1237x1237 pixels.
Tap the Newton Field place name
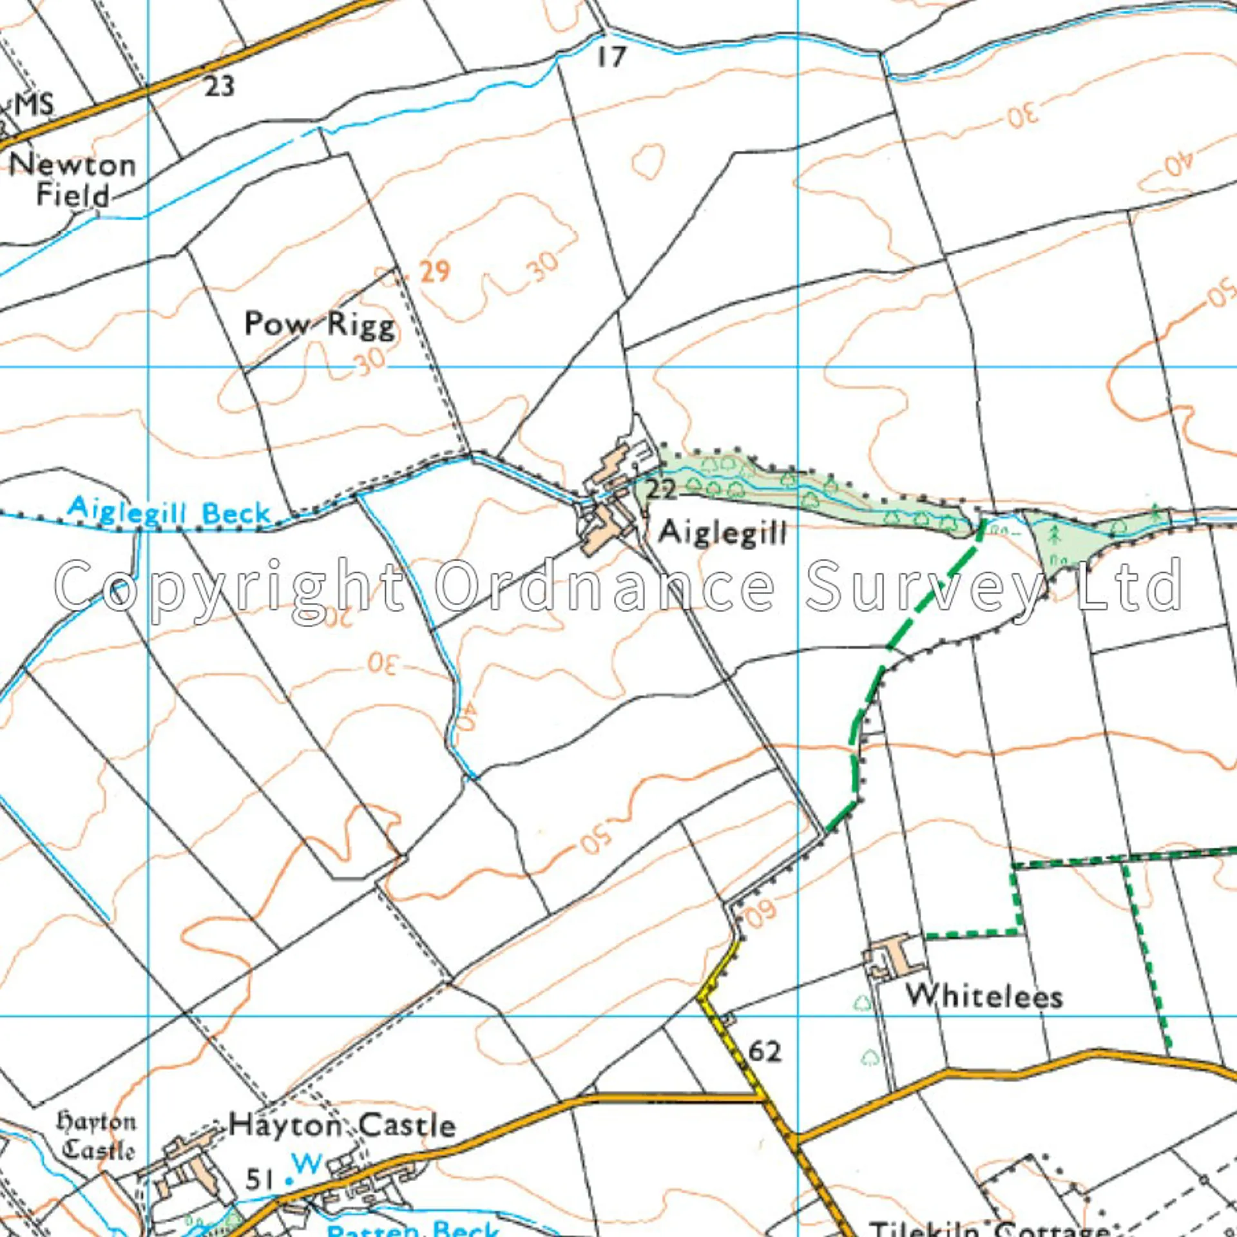(72, 180)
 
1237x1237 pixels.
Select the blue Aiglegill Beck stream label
(169, 512)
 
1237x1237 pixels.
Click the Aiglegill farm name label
(722, 533)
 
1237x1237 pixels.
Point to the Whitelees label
(984, 996)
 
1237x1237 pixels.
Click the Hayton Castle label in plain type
(342, 1126)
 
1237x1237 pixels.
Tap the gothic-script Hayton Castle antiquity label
(97, 1136)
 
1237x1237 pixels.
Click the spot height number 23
(219, 86)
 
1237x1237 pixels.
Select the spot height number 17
(610, 57)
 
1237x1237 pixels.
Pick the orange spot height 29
(434, 271)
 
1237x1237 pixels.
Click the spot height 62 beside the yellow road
(765, 1052)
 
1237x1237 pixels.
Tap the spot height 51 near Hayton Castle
(260, 1180)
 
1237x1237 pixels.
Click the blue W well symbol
(306, 1164)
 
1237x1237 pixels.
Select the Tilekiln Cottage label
(989, 1228)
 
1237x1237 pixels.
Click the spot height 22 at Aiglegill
(661, 490)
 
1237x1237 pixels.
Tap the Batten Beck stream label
(412, 1229)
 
